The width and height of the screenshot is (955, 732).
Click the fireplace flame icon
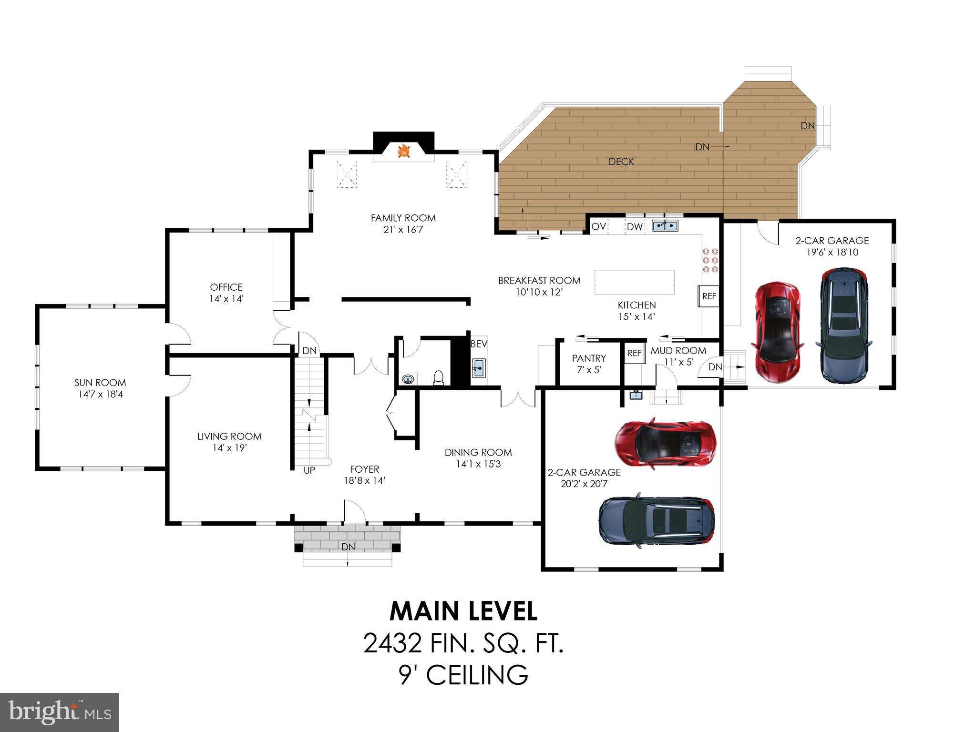[x=404, y=151]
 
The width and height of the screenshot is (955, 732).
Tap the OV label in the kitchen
[x=598, y=226]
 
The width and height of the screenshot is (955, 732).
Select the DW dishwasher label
[x=635, y=227]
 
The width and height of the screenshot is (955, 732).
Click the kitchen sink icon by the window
[x=665, y=225]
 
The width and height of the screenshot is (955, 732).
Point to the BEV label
[x=479, y=344]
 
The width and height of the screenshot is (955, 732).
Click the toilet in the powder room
[x=439, y=377]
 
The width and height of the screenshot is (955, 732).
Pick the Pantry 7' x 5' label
[x=589, y=363]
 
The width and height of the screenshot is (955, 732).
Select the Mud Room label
[x=678, y=351]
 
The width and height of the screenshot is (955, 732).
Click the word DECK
[x=621, y=162]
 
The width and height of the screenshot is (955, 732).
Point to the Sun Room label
[x=100, y=388]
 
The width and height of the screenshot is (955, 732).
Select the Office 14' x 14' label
[x=226, y=293]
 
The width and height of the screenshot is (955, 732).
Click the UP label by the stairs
[x=309, y=470]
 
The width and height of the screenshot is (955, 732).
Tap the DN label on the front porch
[x=348, y=546]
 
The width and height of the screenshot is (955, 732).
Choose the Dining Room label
[x=478, y=457]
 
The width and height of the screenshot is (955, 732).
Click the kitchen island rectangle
[x=634, y=282]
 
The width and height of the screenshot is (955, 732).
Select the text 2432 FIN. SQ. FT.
[x=463, y=643]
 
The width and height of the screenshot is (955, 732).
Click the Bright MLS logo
[x=60, y=712]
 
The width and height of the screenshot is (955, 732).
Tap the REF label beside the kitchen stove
[x=709, y=296]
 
